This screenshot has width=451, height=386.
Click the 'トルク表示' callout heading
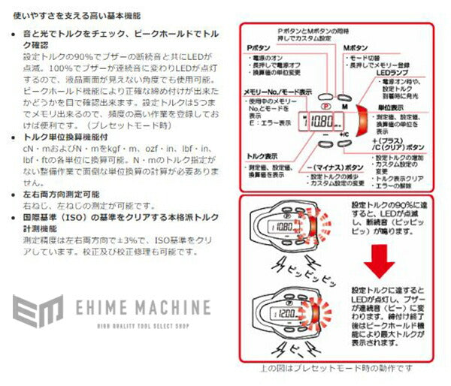click(263, 155)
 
